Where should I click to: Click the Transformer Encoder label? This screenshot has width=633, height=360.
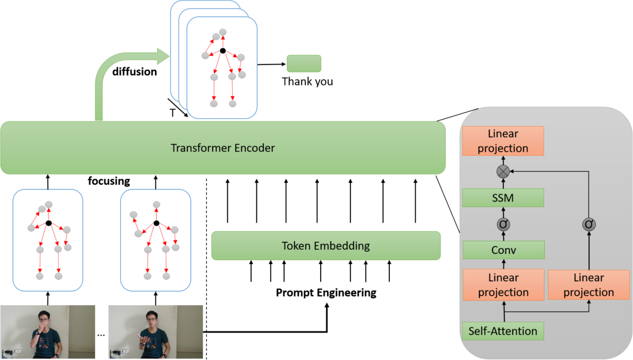223,148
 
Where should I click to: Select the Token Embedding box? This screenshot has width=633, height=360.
325,245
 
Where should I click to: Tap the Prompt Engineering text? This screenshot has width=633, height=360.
326,292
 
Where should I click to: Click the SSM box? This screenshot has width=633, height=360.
503,198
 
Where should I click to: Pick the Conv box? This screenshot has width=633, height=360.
503,250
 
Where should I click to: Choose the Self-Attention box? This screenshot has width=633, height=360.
503,331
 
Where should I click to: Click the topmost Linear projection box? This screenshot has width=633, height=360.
503,141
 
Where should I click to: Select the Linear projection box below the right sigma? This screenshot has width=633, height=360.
589,285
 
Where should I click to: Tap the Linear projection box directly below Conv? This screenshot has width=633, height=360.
503,285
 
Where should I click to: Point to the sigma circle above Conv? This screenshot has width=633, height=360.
503,224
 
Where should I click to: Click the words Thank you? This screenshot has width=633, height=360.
308,82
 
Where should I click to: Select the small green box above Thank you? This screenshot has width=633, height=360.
304,63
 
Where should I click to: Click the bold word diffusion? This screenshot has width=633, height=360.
135,72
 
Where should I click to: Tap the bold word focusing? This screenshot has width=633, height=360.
109,182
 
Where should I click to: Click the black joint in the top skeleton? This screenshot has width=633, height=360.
223,51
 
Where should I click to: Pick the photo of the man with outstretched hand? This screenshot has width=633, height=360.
156,332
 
